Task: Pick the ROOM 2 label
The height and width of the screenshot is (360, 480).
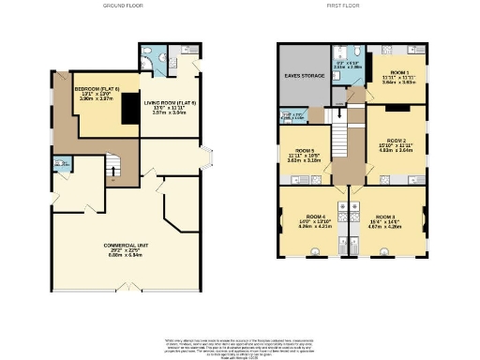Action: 395,145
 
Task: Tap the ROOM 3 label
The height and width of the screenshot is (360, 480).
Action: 393,221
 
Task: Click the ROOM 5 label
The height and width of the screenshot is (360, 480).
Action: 305,155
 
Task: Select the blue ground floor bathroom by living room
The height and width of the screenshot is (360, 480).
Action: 153,60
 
